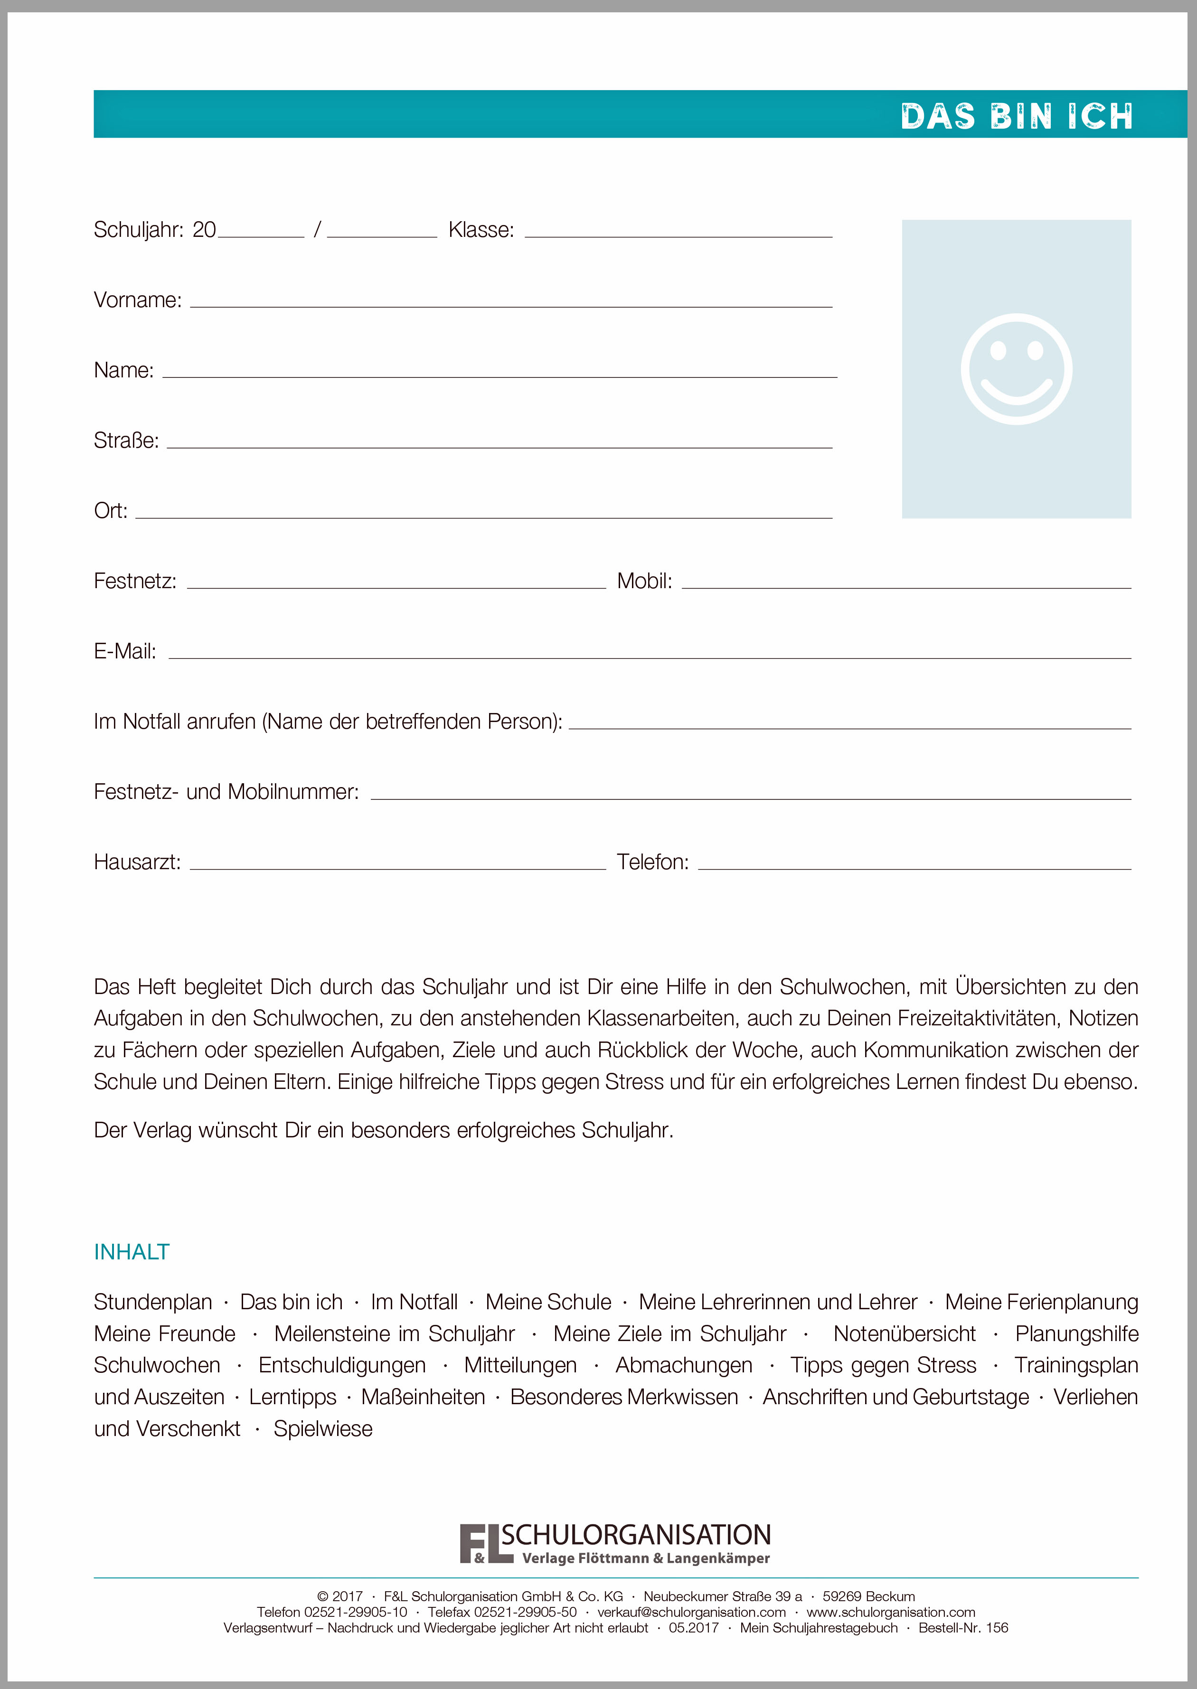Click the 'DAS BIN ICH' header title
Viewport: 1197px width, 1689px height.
[1017, 116]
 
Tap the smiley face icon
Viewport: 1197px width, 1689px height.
[1017, 369]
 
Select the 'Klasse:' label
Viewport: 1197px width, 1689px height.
[481, 230]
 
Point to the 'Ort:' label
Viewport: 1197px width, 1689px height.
[111, 511]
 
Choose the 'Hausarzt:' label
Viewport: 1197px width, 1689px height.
[137, 862]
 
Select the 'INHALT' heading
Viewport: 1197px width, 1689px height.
[132, 1252]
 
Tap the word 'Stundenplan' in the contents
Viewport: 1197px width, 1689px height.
[152, 1302]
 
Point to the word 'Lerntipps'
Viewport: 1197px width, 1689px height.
[292, 1397]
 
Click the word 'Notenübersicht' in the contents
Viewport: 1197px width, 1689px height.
[905, 1334]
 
